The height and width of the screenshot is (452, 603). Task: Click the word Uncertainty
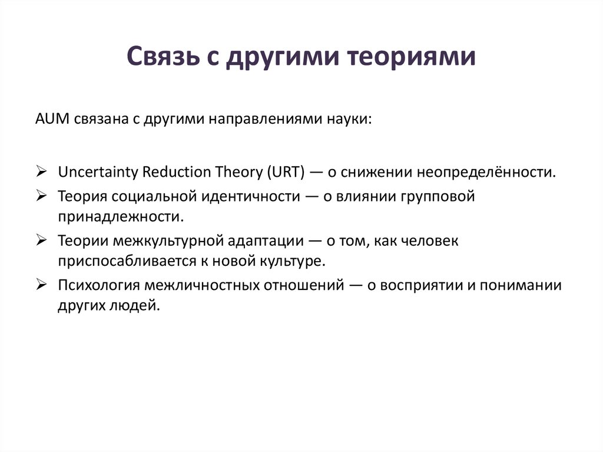coord(97,172)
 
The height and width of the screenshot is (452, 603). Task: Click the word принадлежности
coord(121,216)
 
